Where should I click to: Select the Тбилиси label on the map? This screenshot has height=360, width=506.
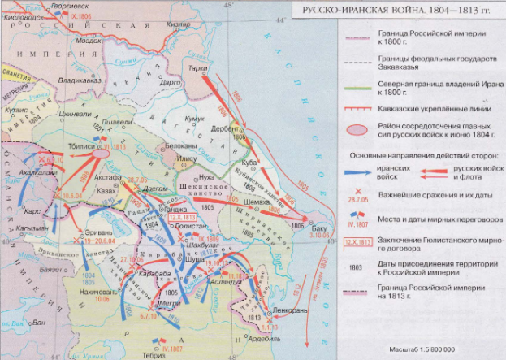[83, 135]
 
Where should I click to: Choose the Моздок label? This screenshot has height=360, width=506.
[88, 38]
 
